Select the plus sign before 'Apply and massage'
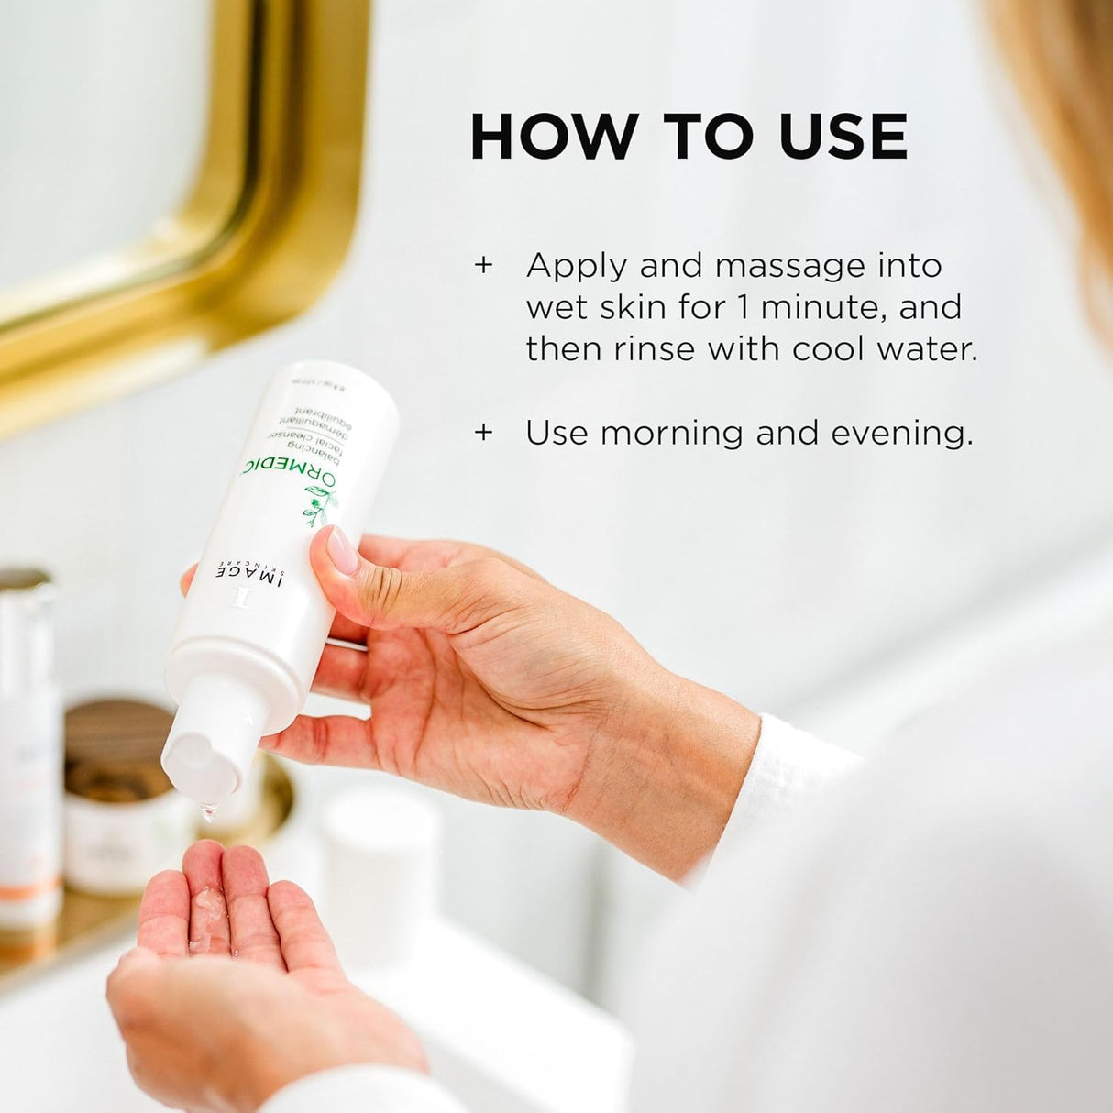click(483, 266)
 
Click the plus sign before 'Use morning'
click(483, 433)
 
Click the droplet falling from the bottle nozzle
click(210, 810)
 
